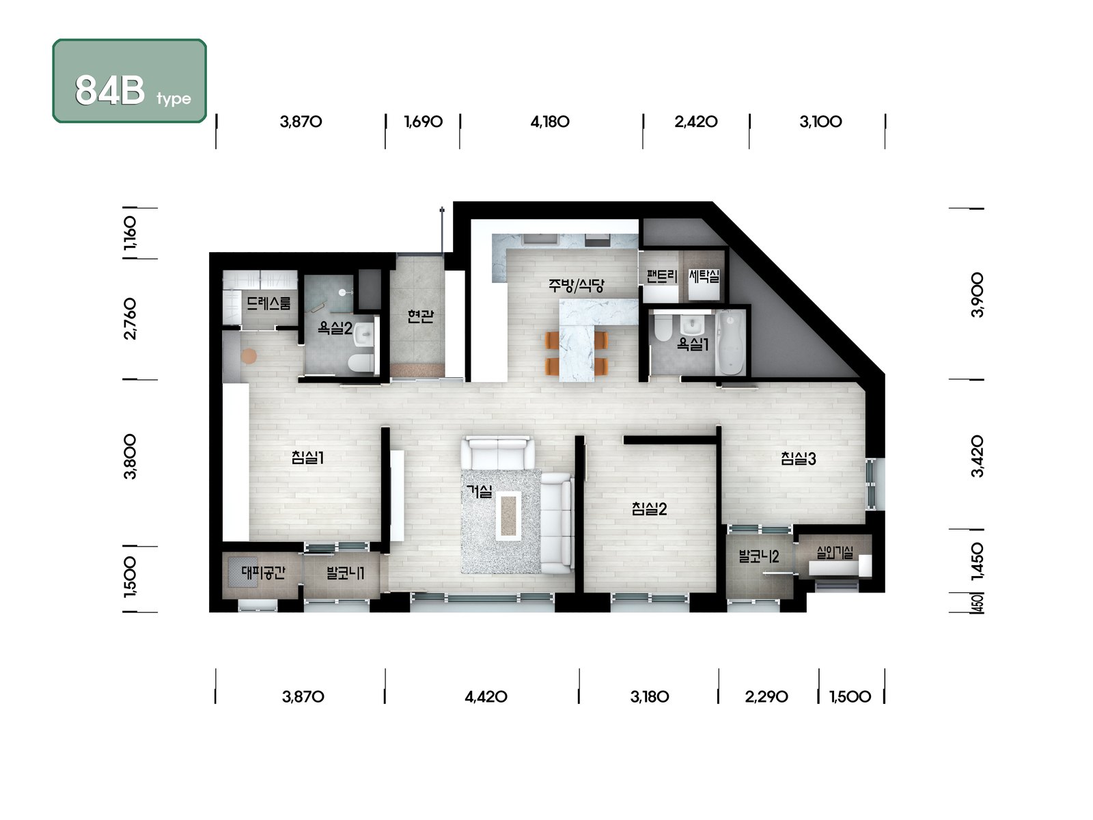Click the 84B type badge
point(130,81)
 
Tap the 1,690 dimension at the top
point(424,122)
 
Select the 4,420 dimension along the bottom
point(486,696)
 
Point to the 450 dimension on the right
point(978,603)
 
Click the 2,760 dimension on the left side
point(130,319)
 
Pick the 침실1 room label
point(307,457)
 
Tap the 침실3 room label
point(798,459)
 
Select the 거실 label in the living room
point(479,491)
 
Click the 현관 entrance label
point(419,316)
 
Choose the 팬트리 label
point(662,276)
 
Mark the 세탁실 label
point(704,276)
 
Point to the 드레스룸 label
point(269,303)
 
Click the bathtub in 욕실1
point(730,342)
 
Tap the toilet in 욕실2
point(361,363)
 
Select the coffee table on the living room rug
point(508,515)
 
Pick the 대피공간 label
point(264,573)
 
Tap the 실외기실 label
point(835,552)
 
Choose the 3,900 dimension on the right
point(978,295)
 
